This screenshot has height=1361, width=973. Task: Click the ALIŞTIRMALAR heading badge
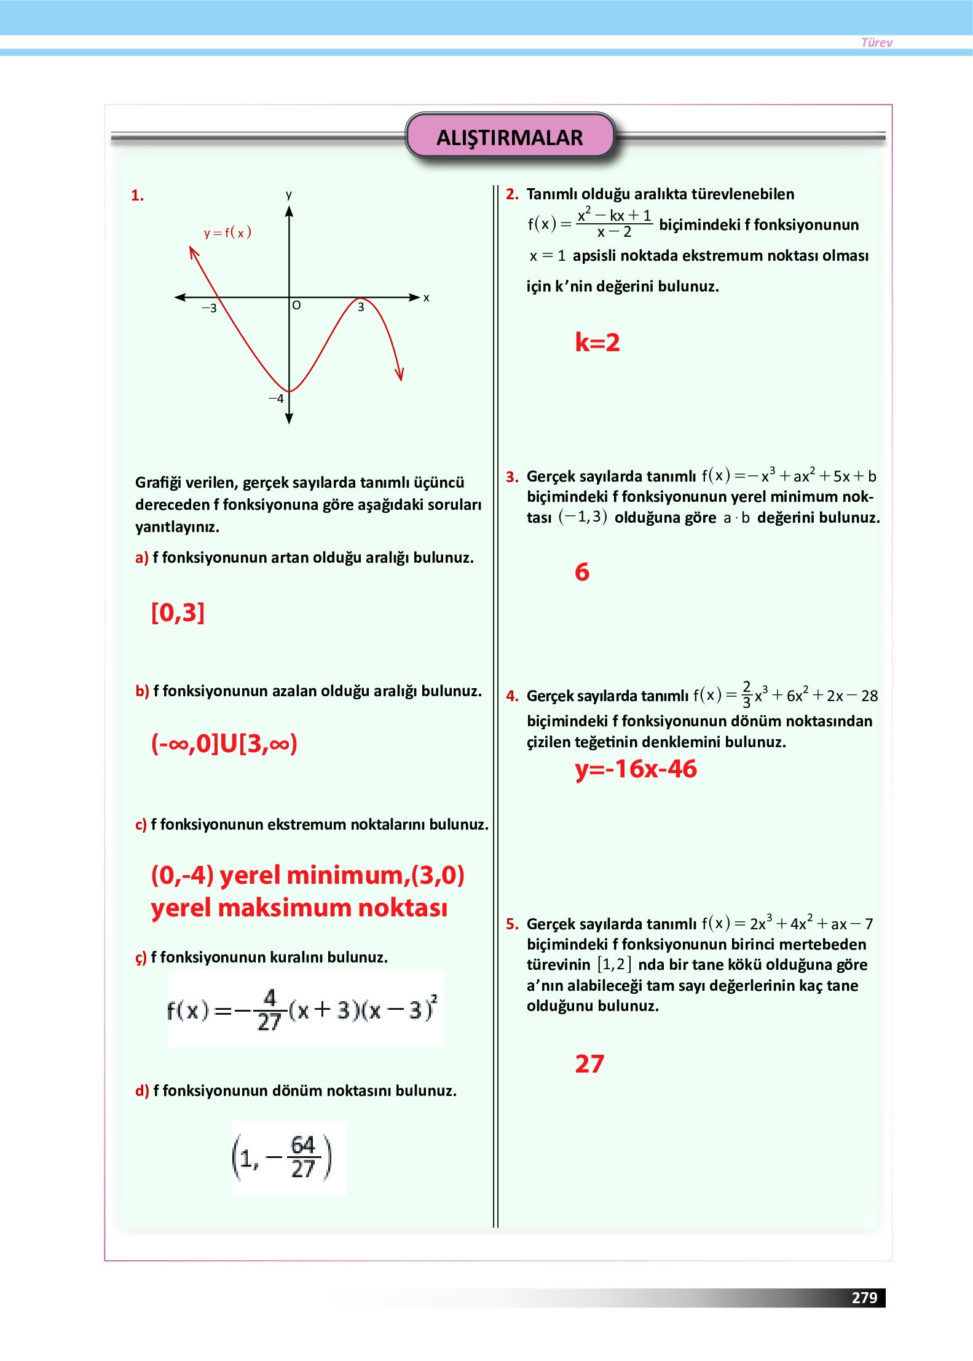[510, 137]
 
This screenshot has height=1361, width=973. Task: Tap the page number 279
[864, 1297]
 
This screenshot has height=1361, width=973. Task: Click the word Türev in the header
[876, 42]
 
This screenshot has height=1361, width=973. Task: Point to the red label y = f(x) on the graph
[227, 232]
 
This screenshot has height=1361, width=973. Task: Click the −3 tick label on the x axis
[209, 308]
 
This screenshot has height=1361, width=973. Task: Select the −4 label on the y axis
[276, 399]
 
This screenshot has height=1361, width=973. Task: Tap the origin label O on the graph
[296, 305]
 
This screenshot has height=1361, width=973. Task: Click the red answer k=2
[597, 343]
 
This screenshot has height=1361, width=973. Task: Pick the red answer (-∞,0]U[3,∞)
[224, 744]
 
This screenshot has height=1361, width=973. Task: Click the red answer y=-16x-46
[636, 769]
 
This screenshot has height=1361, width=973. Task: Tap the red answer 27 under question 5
[589, 1064]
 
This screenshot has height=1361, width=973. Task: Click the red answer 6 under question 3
[582, 572]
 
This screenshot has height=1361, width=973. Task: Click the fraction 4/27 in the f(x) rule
[269, 1009]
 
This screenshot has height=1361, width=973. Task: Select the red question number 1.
[137, 196]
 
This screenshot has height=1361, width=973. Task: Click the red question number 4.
[512, 696]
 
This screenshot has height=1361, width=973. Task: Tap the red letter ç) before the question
[141, 958]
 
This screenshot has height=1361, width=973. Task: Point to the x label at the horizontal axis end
[426, 298]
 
